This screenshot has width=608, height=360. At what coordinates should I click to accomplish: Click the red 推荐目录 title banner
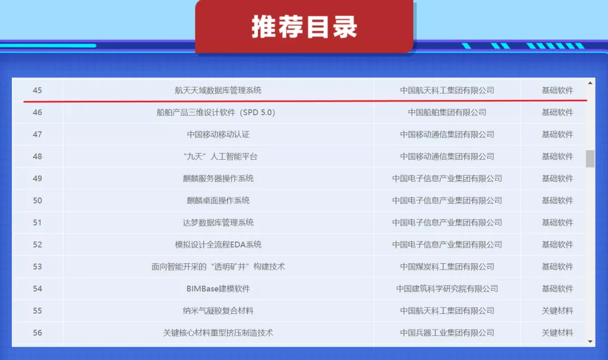pyautogui.click(x=304, y=27)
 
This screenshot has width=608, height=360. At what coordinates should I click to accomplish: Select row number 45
pyautogui.click(x=37, y=90)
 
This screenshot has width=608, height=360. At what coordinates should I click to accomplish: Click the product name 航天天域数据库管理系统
pyautogui.click(x=218, y=90)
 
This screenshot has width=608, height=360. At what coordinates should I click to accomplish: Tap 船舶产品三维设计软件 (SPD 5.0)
pyautogui.click(x=216, y=112)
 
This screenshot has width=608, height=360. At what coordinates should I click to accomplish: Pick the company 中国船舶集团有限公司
pyautogui.click(x=447, y=112)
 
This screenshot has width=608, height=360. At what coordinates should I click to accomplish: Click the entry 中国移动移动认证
pyautogui.click(x=218, y=134)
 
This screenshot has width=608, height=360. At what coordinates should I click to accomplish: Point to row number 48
pyautogui.click(x=37, y=156)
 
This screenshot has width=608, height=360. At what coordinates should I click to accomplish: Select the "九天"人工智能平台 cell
pyautogui.click(x=218, y=156)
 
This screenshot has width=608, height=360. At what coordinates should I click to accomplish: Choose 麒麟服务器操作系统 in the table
pyautogui.click(x=218, y=178)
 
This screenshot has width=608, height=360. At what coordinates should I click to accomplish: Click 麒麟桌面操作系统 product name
pyautogui.click(x=218, y=200)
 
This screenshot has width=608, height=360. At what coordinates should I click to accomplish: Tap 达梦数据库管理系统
pyautogui.click(x=218, y=222)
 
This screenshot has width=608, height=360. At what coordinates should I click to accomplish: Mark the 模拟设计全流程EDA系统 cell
pyautogui.click(x=218, y=245)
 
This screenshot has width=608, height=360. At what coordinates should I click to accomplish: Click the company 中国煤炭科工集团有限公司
pyautogui.click(x=447, y=267)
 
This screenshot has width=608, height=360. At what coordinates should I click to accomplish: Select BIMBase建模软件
pyautogui.click(x=218, y=289)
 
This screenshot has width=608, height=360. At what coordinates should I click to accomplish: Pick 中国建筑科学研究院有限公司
pyautogui.click(x=447, y=289)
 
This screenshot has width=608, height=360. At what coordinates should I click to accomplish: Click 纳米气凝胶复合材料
pyautogui.click(x=218, y=310)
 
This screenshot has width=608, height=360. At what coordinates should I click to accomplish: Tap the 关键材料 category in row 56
pyautogui.click(x=557, y=332)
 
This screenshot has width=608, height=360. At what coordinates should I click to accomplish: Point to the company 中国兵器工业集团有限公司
pyautogui.click(x=447, y=332)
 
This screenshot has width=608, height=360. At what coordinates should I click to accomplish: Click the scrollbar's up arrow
pyautogui.click(x=590, y=83)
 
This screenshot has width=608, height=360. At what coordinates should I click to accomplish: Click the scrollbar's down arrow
pyautogui.click(x=590, y=341)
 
